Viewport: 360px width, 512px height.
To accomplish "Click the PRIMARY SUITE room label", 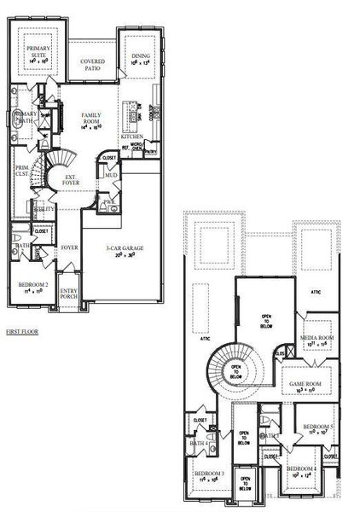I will coord(37,53).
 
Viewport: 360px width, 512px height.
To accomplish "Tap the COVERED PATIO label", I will coord(92,67).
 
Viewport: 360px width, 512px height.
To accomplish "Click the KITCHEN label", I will coord(131,137).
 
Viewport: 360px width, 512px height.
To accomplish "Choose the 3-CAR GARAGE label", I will coord(123,248).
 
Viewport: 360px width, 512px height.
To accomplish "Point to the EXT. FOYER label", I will coord(70,181).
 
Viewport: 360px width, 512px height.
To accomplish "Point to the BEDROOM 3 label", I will coord(209,474).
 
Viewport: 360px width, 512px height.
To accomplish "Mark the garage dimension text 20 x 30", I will coord(123,256).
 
